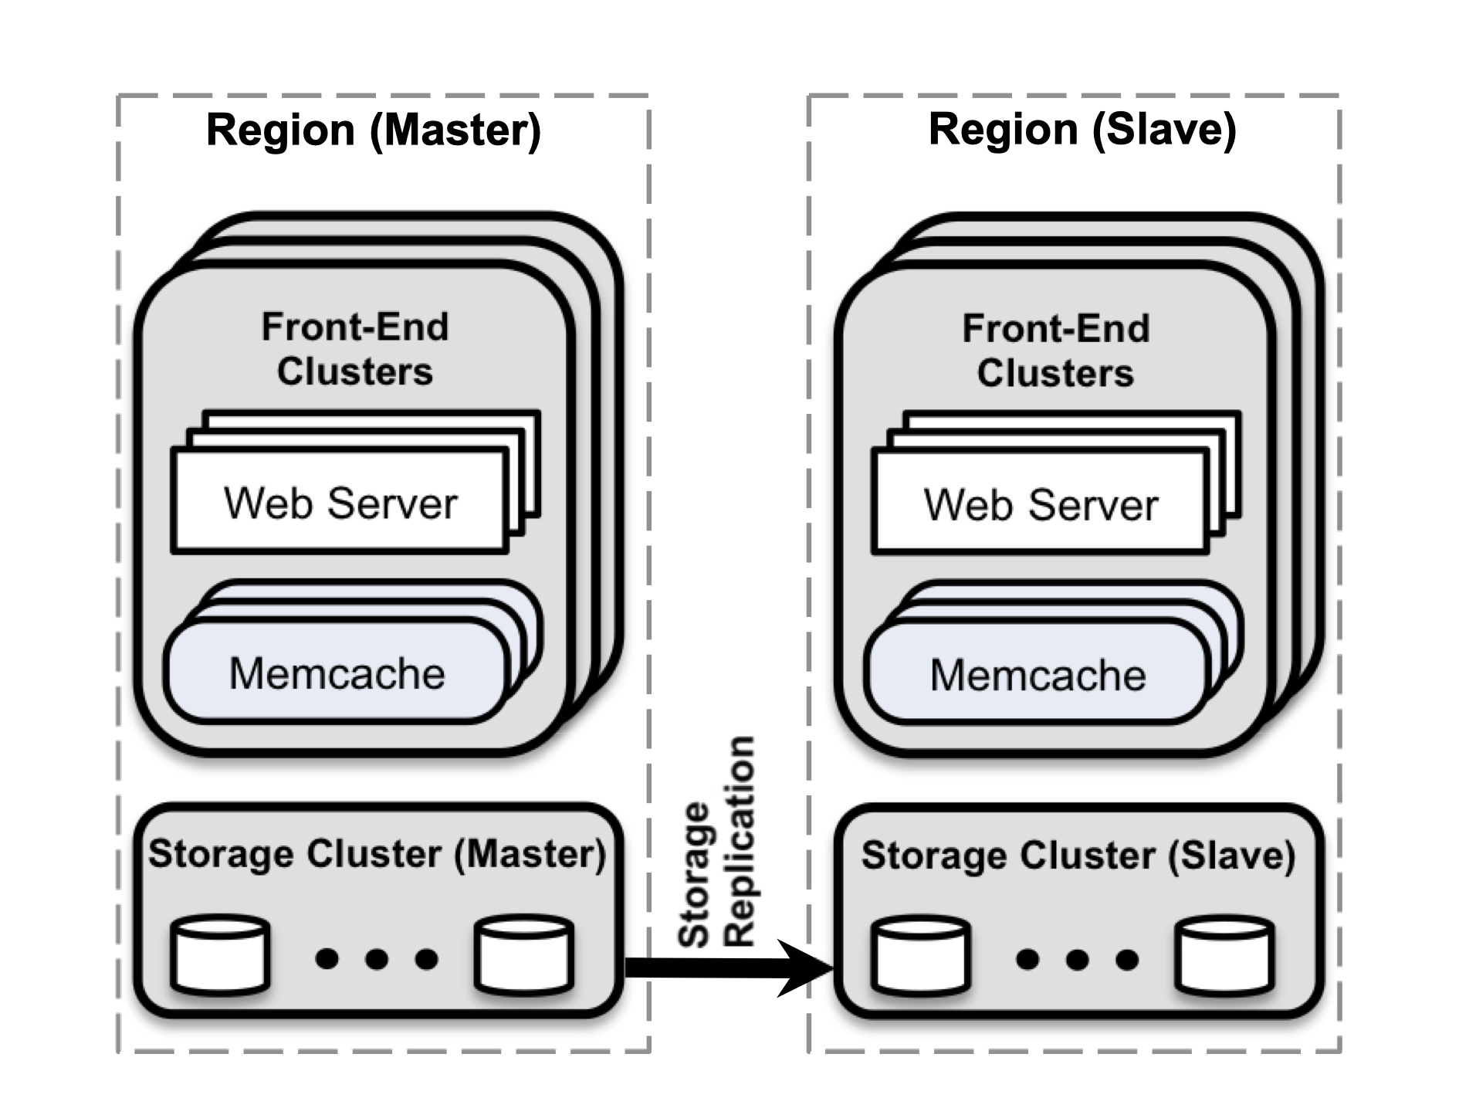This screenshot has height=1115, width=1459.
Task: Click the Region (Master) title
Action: coord(374,129)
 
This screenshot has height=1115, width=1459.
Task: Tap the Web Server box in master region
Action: coord(340,503)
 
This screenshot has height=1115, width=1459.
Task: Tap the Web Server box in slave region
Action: coord(1040,504)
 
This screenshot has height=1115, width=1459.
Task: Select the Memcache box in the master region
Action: coord(337,673)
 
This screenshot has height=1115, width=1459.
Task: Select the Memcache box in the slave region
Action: coord(1037,675)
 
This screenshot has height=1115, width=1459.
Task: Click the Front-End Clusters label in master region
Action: coord(354,349)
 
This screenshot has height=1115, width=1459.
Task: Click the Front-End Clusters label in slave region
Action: coord(1055,351)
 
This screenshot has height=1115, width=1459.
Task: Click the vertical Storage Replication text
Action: coord(716,842)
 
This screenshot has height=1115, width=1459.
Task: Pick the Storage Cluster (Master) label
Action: coord(377,853)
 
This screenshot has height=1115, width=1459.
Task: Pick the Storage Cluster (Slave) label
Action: coord(1078,855)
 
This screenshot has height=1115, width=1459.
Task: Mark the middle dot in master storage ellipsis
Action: coord(377,959)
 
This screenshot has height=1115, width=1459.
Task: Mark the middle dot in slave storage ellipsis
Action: coord(1078,960)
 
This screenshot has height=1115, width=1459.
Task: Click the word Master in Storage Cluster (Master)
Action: coord(529,853)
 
